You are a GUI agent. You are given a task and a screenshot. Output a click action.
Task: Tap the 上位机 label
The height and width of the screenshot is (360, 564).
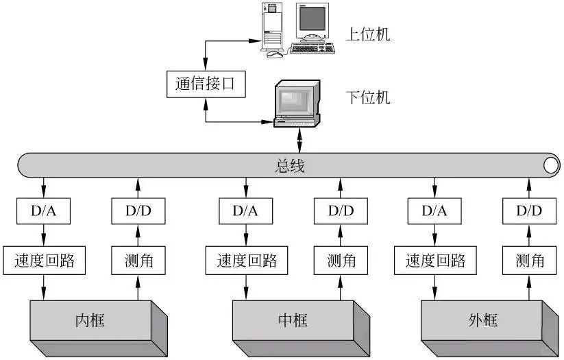pyautogui.click(x=368, y=34)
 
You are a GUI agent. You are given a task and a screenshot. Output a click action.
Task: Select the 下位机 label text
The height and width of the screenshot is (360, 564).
pyautogui.click(x=368, y=97)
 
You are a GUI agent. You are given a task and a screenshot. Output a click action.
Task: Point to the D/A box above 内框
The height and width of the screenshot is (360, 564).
pyautogui.click(x=45, y=211)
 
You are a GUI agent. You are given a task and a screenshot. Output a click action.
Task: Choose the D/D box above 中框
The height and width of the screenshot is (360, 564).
pyautogui.click(x=340, y=211)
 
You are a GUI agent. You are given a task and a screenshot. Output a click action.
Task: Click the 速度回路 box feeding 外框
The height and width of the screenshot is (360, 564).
pyautogui.click(x=435, y=261)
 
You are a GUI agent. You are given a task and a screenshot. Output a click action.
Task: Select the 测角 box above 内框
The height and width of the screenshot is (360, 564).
pyautogui.click(x=138, y=261)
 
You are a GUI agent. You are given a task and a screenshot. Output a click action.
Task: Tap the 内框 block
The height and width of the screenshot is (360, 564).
pyautogui.click(x=89, y=320)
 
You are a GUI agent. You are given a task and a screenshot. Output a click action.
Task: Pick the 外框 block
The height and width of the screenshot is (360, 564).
pyautogui.click(x=482, y=320)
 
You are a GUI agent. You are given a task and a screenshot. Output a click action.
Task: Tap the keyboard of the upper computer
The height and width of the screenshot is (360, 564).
pyautogui.click(x=312, y=49)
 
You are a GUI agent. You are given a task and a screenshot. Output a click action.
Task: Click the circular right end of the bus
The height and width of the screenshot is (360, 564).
pyautogui.click(x=550, y=165)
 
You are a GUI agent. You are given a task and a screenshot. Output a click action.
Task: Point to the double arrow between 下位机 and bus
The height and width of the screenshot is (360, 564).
pyautogui.click(x=299, y=141)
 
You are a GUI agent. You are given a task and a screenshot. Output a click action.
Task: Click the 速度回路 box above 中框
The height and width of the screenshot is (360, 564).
pyautogui.click(x=246, y=261)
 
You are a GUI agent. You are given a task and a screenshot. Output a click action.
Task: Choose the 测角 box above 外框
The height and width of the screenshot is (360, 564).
pyautogui.click(x=530, y=261)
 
